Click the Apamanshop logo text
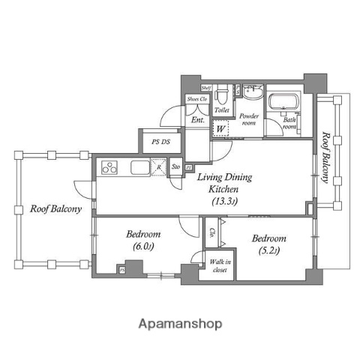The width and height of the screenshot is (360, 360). click(180, 324)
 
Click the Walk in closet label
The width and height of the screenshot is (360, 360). click(220, 265)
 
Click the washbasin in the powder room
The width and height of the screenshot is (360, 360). click(250, 97)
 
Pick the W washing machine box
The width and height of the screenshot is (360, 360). click(220, 128)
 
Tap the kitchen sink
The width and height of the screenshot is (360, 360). click(140, 167)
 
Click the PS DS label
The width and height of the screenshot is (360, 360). click(160, 142)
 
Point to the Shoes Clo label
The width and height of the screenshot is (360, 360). click(196, 98)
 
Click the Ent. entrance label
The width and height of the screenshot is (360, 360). click(198, 120)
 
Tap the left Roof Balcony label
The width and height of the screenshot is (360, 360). click(56, 209)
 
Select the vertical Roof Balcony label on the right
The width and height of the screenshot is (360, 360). click(325, 157)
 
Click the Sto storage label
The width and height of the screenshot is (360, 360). click(175, 166)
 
